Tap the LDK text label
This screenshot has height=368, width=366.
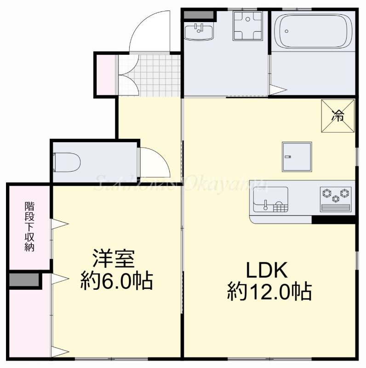coord(267,270)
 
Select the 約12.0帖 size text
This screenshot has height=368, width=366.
coord(269,291)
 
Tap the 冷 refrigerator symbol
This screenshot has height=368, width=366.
coord(338,116)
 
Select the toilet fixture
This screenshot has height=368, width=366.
coord(68,162)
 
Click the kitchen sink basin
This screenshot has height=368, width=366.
coord(269,199)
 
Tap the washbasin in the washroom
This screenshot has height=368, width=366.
coord(199,32)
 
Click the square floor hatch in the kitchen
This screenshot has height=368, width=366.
coord(297,156)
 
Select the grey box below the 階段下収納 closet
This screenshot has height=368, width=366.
coord(25,280)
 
